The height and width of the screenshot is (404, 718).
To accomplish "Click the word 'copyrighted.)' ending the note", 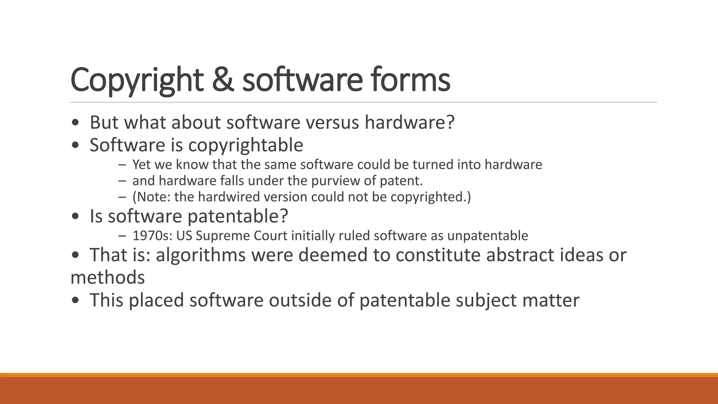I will tap(431, 197).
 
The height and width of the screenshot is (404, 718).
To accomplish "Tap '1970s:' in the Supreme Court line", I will tap(152, 235).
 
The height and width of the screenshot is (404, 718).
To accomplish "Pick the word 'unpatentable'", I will tap(488, 235).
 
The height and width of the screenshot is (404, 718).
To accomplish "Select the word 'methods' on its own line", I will tap(108, 277).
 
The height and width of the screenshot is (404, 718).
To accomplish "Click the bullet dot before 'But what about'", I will tap(75, 123).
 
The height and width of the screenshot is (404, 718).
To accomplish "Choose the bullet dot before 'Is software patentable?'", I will tap(75, 216).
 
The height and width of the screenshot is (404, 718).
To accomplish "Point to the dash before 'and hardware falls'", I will tap(122, 181).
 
